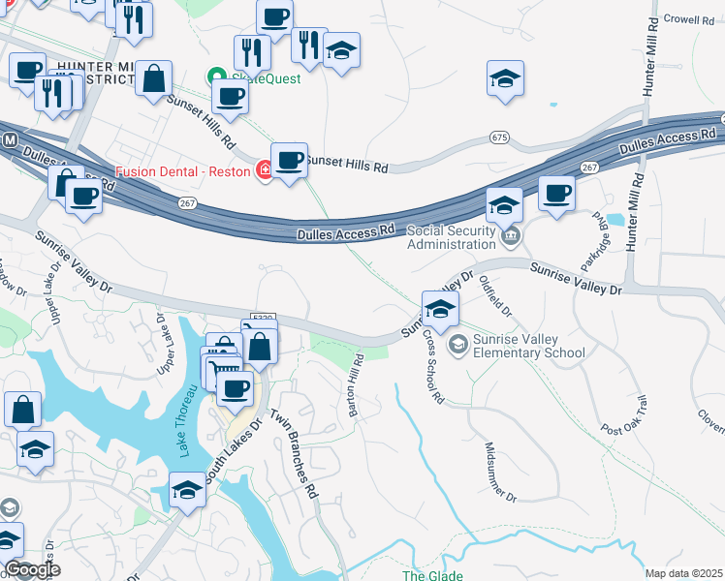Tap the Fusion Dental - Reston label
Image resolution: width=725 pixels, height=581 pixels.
click(183, 171)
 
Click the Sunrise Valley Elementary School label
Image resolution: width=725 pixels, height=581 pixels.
click(528, 346)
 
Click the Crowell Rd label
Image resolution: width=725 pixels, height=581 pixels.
click(689, 19)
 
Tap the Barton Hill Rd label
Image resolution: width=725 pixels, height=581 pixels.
click(357, 385)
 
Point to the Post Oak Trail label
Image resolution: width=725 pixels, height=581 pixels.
click(622, 413)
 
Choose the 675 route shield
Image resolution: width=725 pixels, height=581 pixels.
click(499, 138)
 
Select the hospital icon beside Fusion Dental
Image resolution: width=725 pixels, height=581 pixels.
click(264, 172)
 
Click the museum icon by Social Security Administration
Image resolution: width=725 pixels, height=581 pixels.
click(513, 236)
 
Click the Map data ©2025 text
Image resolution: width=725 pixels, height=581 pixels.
click(683, 573)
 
